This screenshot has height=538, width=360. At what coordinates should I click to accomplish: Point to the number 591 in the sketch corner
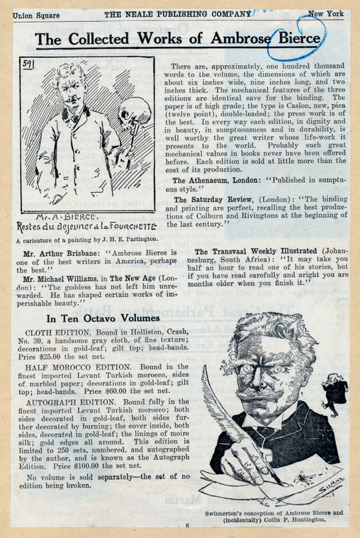[28, 65]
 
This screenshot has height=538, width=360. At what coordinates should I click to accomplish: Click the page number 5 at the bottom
[187, 526]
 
